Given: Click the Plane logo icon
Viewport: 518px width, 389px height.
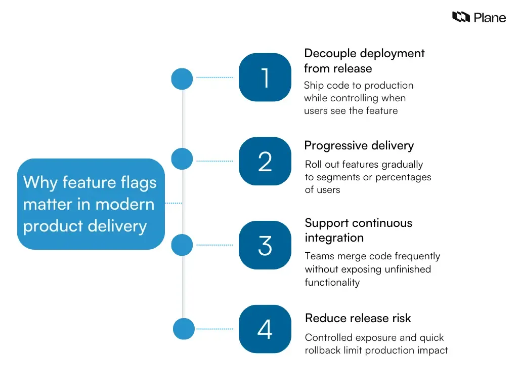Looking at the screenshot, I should click(x=461, y=18).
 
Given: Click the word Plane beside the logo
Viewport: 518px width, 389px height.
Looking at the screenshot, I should click(x=490, y=18).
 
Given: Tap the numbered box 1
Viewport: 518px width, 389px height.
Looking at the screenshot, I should click(x=265, y=77).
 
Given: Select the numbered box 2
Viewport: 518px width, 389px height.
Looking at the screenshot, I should click(x=265, y=162).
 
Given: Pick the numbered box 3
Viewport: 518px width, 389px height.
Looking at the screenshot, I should click(x=265, y=245).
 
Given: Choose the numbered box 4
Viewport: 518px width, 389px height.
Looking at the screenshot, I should click(x=265, y=329).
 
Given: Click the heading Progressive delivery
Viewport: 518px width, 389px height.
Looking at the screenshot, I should click(x=359, y=146).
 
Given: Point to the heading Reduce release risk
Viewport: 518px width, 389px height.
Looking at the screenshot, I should click(x=358, y=319).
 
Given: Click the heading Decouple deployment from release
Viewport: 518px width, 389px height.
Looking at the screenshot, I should click(x=364, y=61).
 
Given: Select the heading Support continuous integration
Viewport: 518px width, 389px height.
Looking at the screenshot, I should click(x=358, y=230).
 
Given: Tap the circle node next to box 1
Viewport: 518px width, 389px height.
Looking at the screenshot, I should click(x=182, y=79).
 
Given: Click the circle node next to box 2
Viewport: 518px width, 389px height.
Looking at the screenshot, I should click(x=182, y=159).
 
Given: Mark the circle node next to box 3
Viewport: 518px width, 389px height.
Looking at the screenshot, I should click(x=182, y=245).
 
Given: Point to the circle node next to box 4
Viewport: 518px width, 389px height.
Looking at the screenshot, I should click(x=184, y=329).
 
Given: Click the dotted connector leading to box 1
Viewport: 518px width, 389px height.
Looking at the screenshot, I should click(x=214, y=77).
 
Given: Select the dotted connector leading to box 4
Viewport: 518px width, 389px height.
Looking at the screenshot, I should click(x=214, y=329).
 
